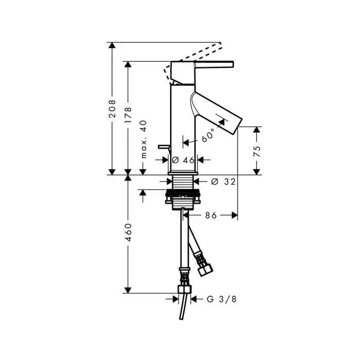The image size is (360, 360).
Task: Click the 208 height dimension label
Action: [112, 109]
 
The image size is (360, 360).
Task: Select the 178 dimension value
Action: [128, 115]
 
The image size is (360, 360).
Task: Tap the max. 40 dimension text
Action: [143, 139]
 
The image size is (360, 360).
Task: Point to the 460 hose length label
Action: [128, 232]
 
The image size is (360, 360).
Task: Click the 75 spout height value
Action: [257, 151]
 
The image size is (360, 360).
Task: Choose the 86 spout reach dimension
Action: [211, 215]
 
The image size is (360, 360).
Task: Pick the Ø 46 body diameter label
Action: [183, 160]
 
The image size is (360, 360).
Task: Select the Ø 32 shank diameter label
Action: [223, 182]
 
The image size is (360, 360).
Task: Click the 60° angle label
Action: [208, 135]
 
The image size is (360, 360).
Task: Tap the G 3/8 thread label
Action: [222, 299]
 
